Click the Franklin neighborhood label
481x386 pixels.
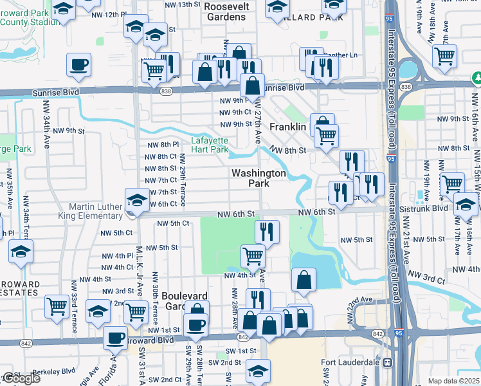click(x=287, y=127)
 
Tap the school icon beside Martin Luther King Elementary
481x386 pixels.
click(x=136, y=202)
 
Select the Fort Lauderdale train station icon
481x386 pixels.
click(x=387, y=362)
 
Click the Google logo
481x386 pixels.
click(x=21, y=378)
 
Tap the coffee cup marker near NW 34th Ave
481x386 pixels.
click(x=78, y=64)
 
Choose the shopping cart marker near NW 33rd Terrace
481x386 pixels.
click(x=57, y=306)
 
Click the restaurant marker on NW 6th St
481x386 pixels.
click(x=267, y=231)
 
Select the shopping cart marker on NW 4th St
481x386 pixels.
click(x=253, y=255)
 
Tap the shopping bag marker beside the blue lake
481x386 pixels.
click(x=304, y=279)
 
